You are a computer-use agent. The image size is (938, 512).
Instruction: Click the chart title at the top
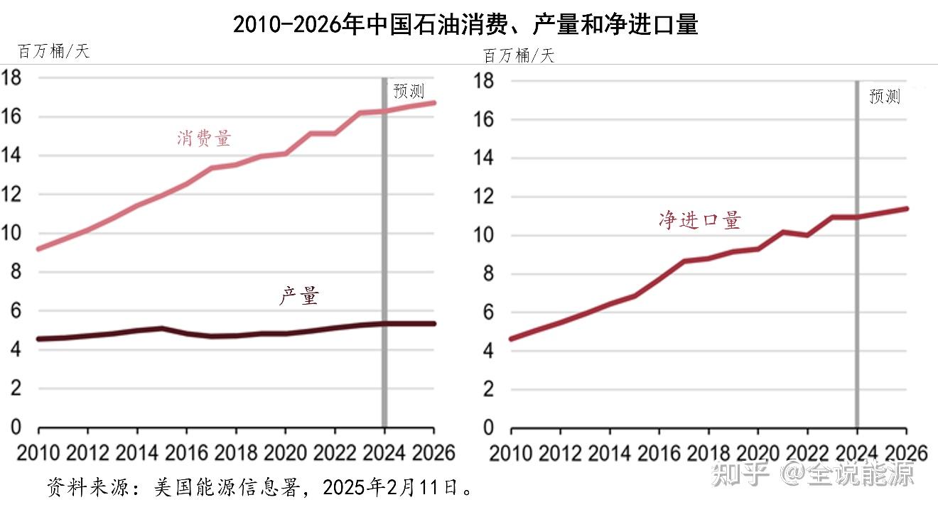[x=465, y=25]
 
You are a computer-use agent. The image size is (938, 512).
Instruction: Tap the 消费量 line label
[x=204, y=138]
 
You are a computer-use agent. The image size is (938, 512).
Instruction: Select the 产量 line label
[x=298, y=296]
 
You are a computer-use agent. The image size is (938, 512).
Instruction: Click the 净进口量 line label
[x=700, y=220]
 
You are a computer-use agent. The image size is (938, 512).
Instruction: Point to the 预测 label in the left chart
[x=409, y=91]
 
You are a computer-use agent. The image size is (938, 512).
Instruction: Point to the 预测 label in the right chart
[x=884, y=97]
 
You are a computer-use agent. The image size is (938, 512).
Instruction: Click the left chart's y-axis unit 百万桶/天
[x=54, y=51]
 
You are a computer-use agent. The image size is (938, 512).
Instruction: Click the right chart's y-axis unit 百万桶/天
[x=518, y=55]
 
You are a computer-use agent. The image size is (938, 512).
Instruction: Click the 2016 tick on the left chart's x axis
[x=185, y=452]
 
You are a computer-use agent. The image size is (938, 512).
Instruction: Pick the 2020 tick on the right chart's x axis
[x=758, y=453]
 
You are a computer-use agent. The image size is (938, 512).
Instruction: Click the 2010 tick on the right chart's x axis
[x=511, y=453]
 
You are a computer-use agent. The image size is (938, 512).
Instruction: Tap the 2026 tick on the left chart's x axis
[x=433, y=452]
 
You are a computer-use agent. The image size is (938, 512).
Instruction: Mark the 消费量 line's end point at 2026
[x=433, y=102]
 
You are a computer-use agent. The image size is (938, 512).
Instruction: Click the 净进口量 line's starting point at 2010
[x=512, y=339]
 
